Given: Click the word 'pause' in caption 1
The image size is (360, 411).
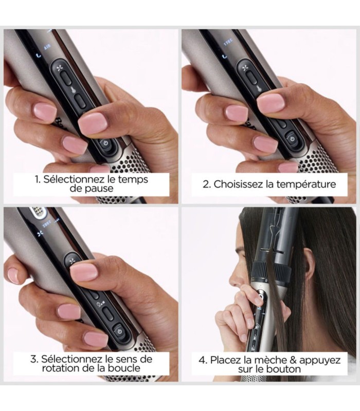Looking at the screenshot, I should [97, 189].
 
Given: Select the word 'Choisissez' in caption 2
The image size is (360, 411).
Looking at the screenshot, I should [235, 183].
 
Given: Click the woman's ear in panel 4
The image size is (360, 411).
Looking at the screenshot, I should [301, 267].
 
